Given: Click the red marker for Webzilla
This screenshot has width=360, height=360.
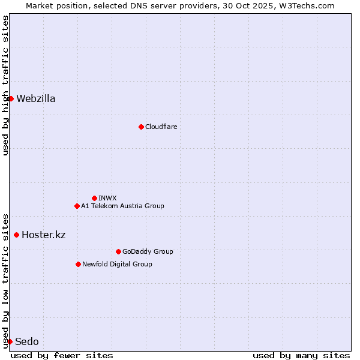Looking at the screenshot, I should coord(11,98).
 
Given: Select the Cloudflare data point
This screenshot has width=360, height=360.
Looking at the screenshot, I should coord(141,127).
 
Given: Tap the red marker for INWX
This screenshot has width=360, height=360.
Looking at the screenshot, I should coord(94,198).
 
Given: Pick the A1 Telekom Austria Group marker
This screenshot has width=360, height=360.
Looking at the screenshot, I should coord(77,206).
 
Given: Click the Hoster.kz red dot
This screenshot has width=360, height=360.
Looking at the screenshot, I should coord(16,235).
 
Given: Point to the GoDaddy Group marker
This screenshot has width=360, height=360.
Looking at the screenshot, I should coord(118,251).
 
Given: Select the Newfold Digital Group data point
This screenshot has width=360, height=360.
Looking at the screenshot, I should coord(78,264).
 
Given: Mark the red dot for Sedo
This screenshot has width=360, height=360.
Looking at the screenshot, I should coord(10,341).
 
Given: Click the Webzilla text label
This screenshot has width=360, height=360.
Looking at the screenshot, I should coord(36,99).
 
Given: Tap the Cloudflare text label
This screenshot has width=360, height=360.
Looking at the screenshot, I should coord(161,127).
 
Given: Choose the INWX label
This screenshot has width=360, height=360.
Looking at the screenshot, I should coord(107,198).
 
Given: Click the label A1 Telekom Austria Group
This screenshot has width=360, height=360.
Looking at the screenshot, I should coord(122,206).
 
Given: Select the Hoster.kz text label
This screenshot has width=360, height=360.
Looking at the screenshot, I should coord(43,235).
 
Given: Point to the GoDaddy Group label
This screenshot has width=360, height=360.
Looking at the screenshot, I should coord(148,251).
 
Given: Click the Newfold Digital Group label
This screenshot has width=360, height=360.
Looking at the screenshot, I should coord(117,264).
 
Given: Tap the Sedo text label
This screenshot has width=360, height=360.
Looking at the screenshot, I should coord(27,342).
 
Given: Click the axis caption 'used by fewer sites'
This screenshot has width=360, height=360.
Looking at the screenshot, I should coord(62,355).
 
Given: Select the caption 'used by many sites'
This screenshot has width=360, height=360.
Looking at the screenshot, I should coord(301,355).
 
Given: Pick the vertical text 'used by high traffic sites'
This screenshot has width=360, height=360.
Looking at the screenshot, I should coord(5,85).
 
